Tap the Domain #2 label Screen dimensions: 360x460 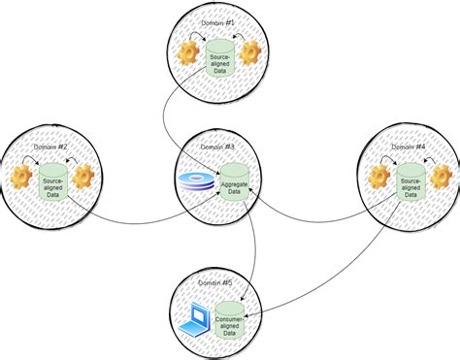click(49, 147)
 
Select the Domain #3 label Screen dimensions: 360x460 click(224, 147)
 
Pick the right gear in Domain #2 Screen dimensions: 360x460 click(83, 178)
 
